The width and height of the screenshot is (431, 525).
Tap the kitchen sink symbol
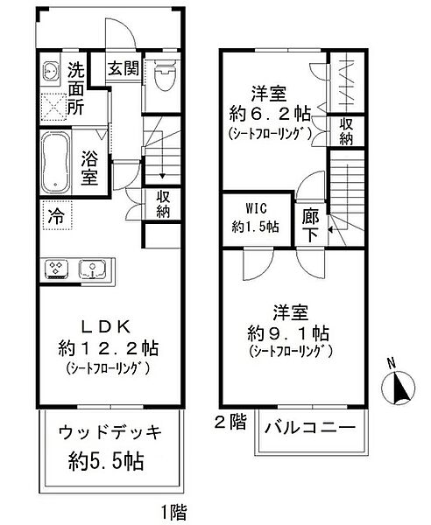89,269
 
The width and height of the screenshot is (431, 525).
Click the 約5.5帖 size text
108,460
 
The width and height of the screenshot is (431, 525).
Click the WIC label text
251,209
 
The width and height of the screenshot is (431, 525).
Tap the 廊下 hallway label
310,223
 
